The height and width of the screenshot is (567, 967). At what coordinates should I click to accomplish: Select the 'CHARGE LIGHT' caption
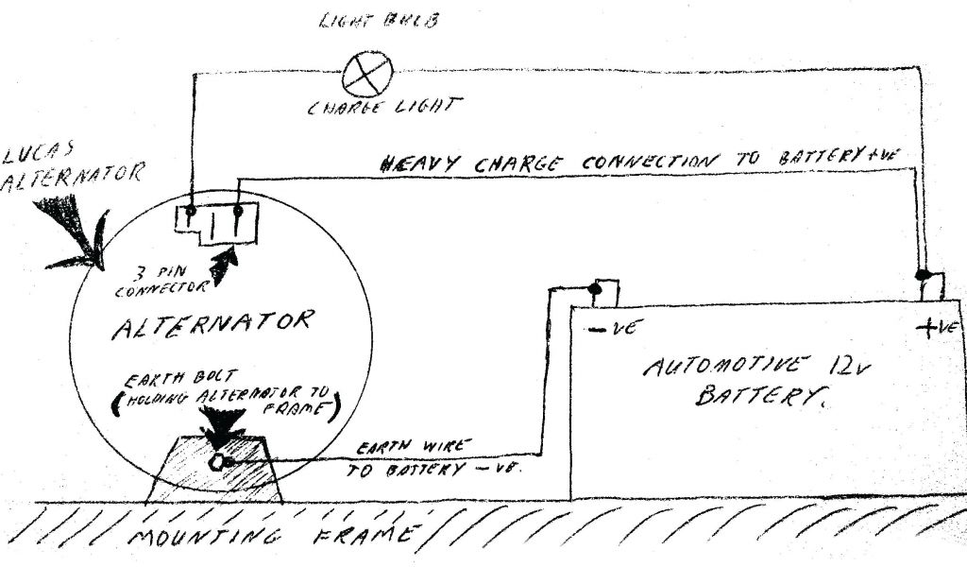click(x=384, y=107)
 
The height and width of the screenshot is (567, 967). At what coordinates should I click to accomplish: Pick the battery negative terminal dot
click(x=596, y=286)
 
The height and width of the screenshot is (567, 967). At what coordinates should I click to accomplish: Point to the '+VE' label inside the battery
click(x=939, y=328)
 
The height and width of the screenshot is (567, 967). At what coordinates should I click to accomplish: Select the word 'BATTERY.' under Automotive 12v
click(x=755, y=397)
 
